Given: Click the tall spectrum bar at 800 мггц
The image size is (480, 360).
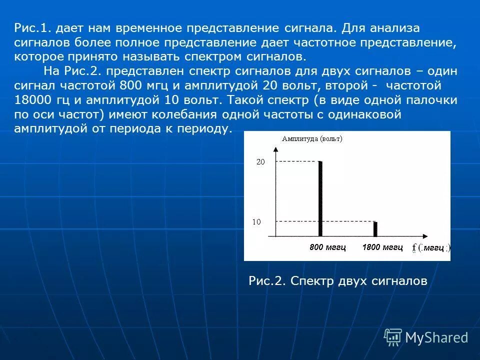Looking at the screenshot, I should pyautogui.click(x=320, y=198).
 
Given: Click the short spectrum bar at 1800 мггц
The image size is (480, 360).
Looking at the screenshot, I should pyautogui.click(x=375, y=228).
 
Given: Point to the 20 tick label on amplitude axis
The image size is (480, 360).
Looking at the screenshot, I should pyautogui.click(x=260, y=162).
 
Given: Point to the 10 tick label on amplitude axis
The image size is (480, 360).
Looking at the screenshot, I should pyautogui.click(x=256, y=221).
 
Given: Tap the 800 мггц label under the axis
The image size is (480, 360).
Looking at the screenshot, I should pyautogui.click(x=327, y=247).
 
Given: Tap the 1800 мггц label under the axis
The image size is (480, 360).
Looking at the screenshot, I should pyautogui.click(x=382, y=247).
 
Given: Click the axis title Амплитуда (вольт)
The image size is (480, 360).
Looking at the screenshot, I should pyautogui.click(x=312, y=139).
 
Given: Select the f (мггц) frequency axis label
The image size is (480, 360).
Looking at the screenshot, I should pyautogui.click(x=431, y=247).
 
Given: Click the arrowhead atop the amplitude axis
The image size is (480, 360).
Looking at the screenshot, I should pyautogui.click(x=275, y=148).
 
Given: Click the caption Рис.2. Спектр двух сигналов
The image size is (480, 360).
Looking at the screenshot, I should pyautogui.click(x=337, y=281).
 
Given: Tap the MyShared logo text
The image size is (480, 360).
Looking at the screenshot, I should pyautogui.click(x=436, y=337).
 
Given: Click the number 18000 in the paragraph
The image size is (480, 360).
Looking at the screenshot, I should pyautogui.click(x=30, y=99).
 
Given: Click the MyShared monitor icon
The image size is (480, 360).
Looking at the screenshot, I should pyautogui.click(x=393, y=337).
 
